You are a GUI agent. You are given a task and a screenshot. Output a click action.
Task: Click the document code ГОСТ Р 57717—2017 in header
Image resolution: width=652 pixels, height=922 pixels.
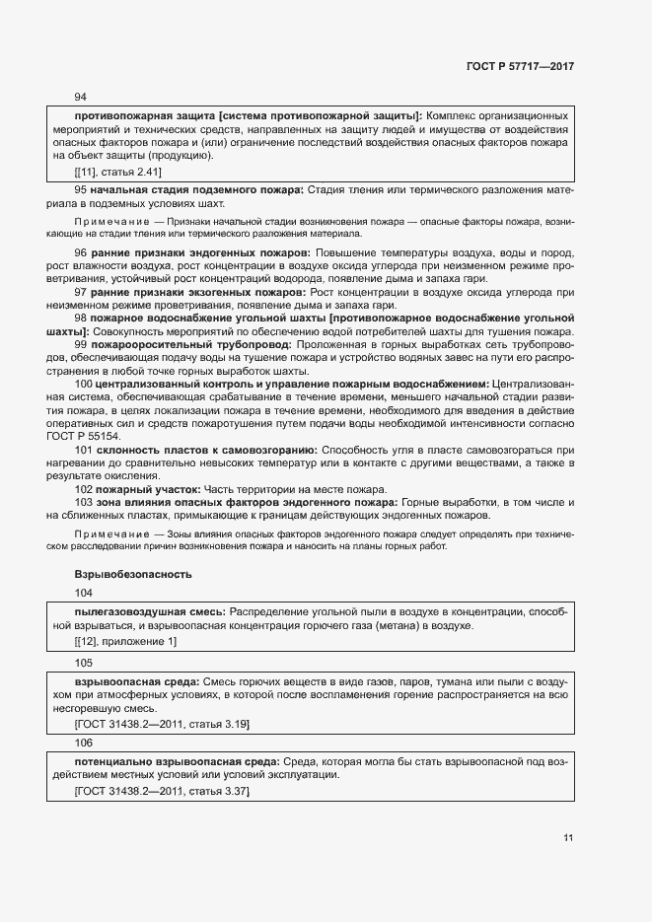(x=520, y=66)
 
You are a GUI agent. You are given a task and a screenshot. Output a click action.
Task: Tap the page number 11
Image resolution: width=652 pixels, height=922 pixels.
(x=567, y=838)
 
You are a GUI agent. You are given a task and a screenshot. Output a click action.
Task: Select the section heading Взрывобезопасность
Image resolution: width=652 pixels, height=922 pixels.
(x=132, y=574)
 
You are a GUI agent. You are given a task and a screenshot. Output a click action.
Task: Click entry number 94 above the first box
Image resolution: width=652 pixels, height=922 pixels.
(x=81, y=97)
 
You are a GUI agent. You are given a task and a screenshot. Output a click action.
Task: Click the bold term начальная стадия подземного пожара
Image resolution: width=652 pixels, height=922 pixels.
(x=205, y=188)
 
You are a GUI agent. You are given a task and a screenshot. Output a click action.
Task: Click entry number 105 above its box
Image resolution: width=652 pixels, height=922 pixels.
(x=84, y=663)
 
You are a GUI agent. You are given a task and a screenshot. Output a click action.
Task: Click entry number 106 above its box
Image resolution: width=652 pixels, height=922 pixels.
(x=84, y=744)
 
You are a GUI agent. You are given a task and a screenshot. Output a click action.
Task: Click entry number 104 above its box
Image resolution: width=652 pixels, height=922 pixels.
(x=84, y=593)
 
